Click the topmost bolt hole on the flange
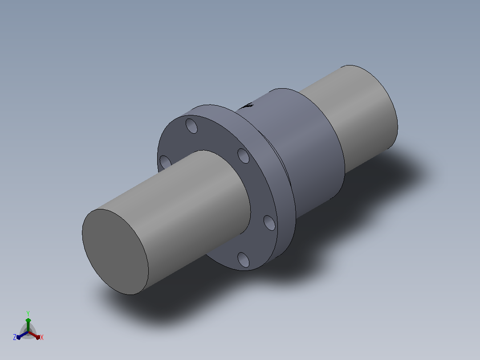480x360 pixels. (191, 126)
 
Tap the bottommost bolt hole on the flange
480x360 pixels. (244, 259)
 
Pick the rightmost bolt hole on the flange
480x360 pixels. (269, 223)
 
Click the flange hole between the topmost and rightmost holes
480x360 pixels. (244, 155)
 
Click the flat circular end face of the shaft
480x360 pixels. (115, 252)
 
